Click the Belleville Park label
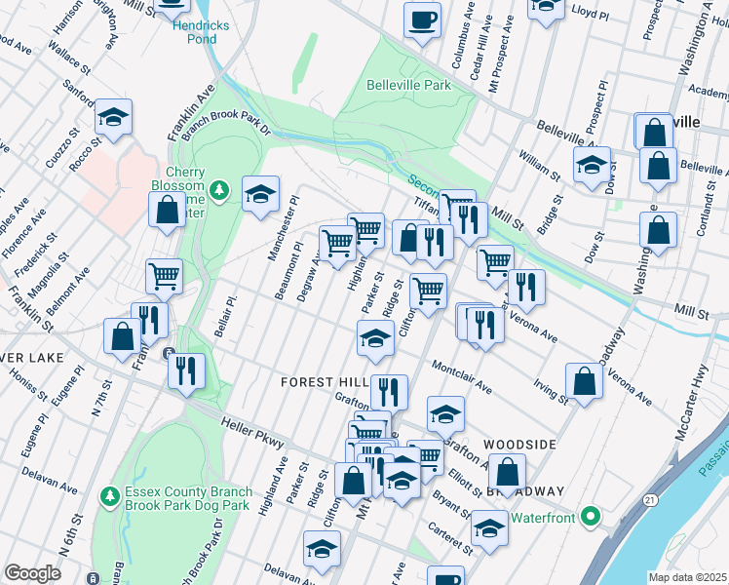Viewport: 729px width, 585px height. point(408,85)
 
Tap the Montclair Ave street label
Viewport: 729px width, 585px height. point(457,377)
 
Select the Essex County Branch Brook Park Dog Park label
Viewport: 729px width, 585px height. point(188,498)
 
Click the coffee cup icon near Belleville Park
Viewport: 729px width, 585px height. point(422,19)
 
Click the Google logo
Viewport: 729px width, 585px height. point(32,573)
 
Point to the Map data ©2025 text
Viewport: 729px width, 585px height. point(687,577)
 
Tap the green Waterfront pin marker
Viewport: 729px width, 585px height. point(590,516)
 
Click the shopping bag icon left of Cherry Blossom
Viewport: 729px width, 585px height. point(167,208)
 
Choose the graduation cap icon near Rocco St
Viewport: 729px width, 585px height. point(113,117)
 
